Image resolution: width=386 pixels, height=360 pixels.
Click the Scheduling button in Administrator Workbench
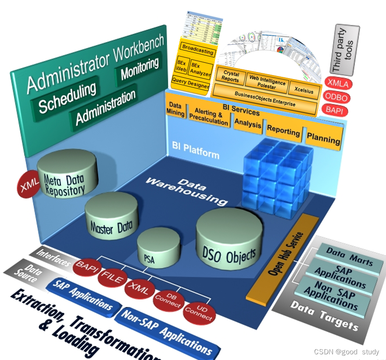tap(67, 97)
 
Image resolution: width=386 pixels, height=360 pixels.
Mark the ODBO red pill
tap(337, 96)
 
